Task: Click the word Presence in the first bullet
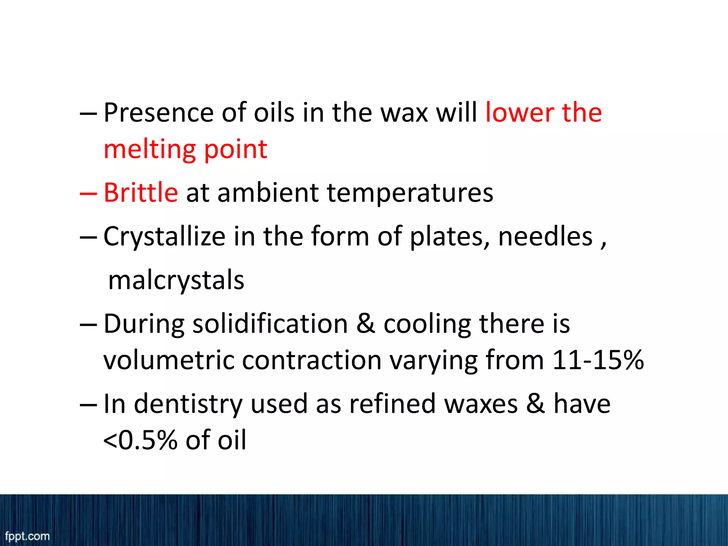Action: point(159,113)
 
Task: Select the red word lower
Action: point(519,113)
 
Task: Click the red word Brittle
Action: point(141,193)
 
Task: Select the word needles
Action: point(545,236)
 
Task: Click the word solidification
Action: point(270,324)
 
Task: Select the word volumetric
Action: point(168,360)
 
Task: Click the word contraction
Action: point(312,360)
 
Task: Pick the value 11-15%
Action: point(598,360)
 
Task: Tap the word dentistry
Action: point(188,405)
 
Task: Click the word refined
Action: point(392,404)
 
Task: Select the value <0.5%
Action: point(140,440)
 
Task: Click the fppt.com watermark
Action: point(27,536)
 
